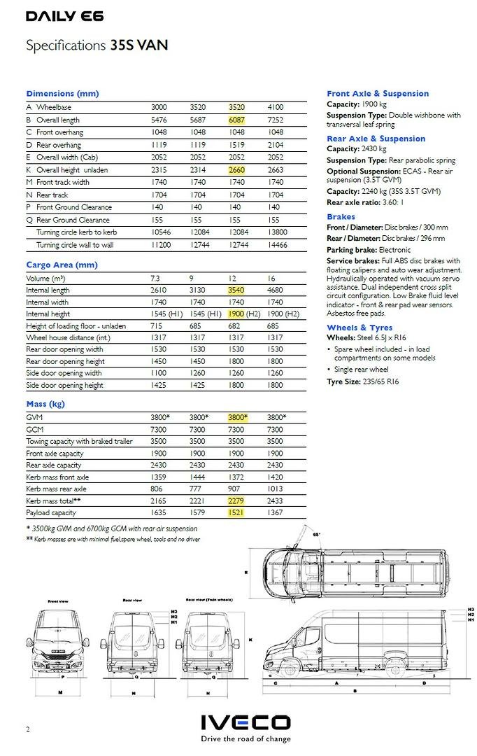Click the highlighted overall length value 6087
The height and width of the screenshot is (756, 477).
click(238, 120)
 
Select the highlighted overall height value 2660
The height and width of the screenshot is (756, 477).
click(238, 170)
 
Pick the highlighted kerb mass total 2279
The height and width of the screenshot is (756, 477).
click(238, 500)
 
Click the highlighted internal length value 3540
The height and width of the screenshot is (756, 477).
click(238, 290)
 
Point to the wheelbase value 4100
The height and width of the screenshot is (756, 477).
click(276, 107)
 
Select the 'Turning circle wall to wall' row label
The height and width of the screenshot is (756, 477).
click(75, 245)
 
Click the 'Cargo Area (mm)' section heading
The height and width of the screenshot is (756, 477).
click(62, 265)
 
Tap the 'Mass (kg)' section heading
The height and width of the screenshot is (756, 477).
click(45, 404)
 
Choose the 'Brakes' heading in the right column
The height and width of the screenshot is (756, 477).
click(341, 217)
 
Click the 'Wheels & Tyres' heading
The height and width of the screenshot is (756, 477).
click(359, 328)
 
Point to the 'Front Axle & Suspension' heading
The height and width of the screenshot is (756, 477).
click(378, 93)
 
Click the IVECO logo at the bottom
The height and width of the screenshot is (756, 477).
click(245, 723)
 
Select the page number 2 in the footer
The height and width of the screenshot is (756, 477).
click(28, 729)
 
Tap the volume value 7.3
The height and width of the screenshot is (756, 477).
click(155, 278)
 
